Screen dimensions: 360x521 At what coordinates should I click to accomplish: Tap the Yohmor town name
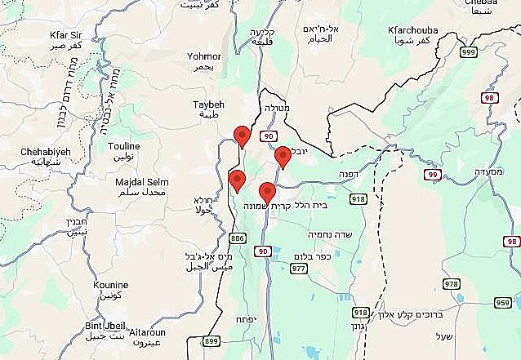pyautogui.click(x=204, y=56)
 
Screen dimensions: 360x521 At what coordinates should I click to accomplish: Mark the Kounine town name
pyautogui.click(x=111, y=285)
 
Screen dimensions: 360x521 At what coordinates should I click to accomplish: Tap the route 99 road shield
pyautogui.click(x=433, y=175)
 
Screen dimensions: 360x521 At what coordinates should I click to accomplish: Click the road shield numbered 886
pyautogui.click(x=238, y=238)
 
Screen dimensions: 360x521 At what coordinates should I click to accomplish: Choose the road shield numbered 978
pyautogui.click(x=451, y=283)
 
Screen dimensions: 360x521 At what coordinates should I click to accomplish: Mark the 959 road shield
pyautogui.click(x=503, y=301)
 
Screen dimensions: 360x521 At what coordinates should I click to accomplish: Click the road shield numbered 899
pyautogui.click(x=211, y=341)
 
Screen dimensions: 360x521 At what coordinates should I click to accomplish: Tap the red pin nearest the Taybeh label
pyautogui.click(x=241, y=136)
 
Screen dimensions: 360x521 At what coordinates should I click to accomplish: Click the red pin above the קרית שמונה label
pyautogui.click(x=266, y=193)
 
